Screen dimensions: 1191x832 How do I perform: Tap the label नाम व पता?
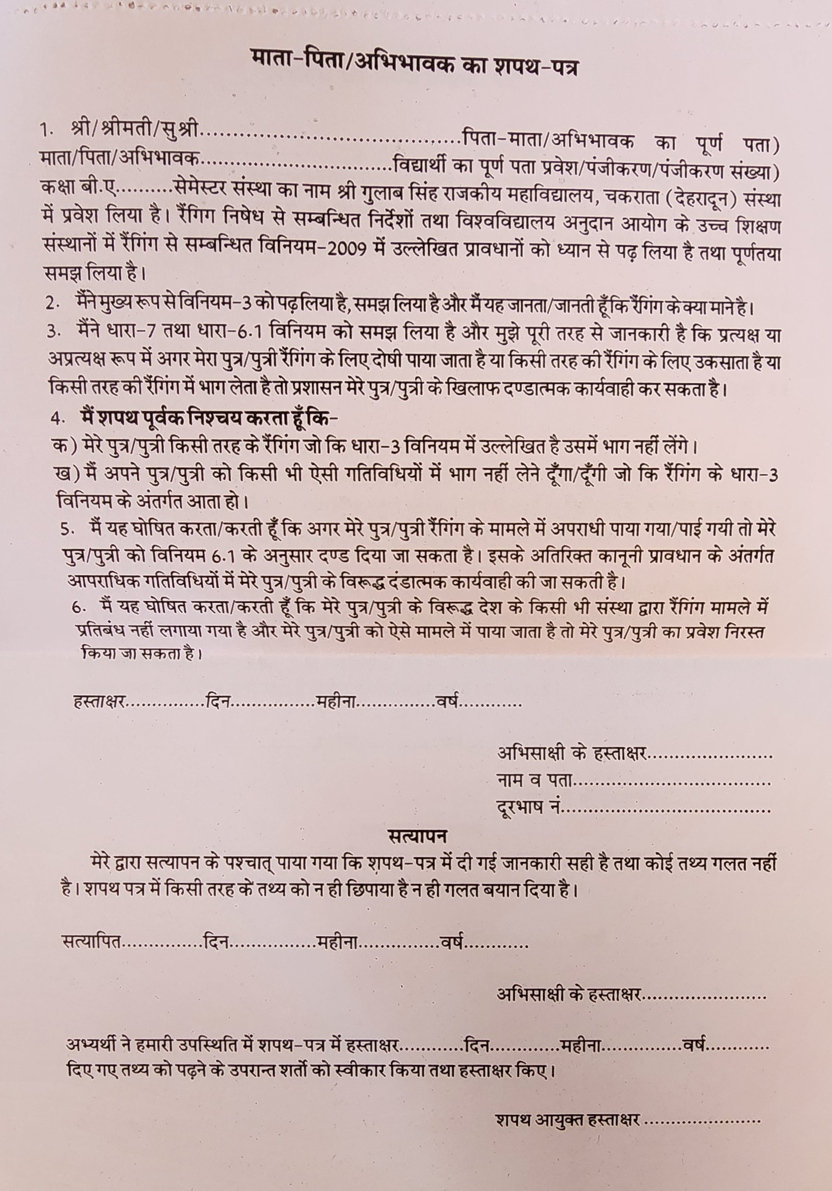tap(535, 796)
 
